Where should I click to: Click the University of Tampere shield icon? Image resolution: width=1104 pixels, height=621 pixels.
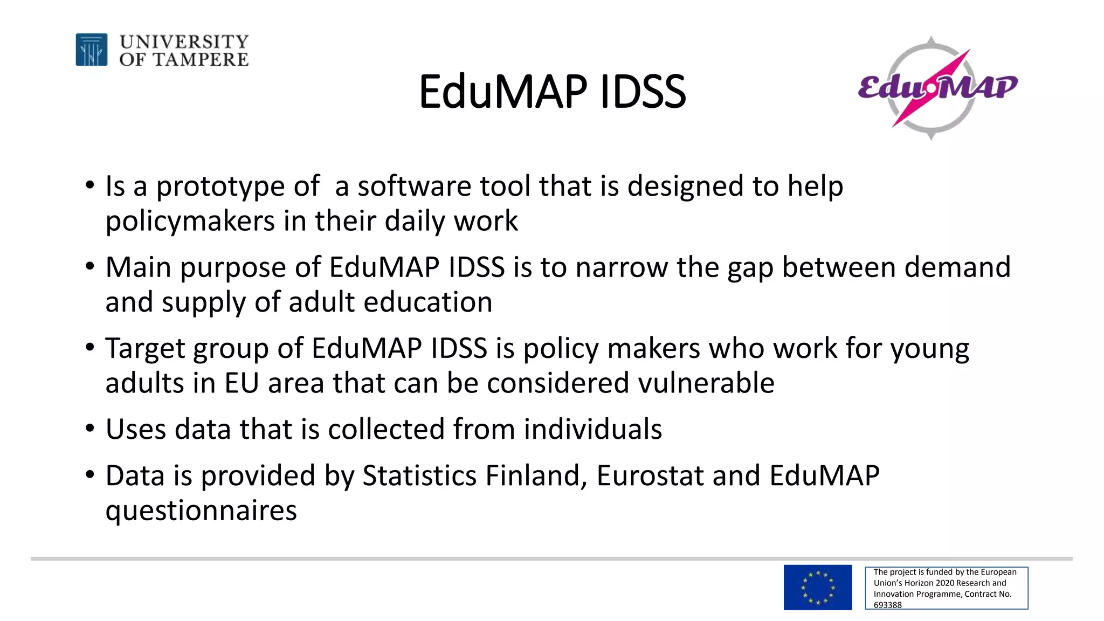pyautogui.click(x=91, y=50)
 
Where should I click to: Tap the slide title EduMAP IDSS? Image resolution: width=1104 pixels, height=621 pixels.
pyautogui.click(x=552, y=92)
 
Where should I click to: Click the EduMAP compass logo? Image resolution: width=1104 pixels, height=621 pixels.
pyautogui.click(x=937, y=88)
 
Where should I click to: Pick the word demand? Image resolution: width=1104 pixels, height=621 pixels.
pyautogui.click(x=957, y=267)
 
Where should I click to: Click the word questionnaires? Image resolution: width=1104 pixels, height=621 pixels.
pyautogui.click(x=201, y=510)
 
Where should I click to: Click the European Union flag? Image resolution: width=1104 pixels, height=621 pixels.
pyautogui.click(x=817, y=588)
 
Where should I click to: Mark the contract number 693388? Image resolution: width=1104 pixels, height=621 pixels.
pyautogui.click(x=887, y=605)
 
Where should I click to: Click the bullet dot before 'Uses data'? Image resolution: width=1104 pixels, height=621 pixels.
pyautogui.click(x=90, y=429)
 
